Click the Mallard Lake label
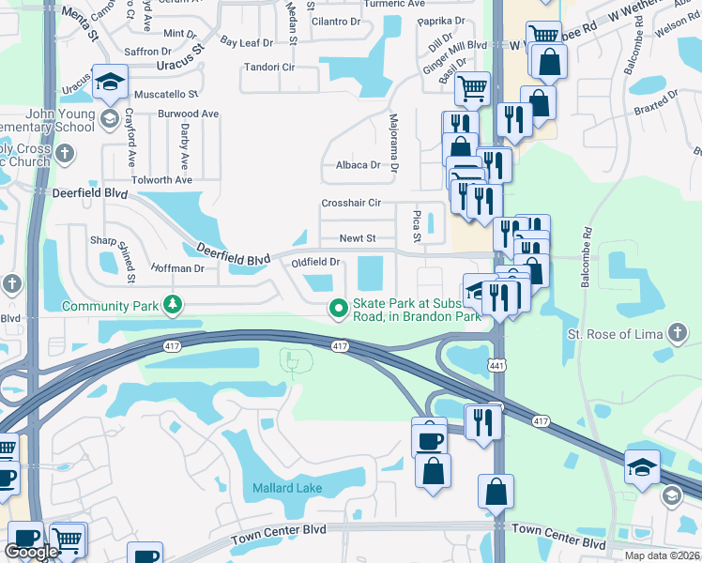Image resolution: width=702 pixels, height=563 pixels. click(287, 488)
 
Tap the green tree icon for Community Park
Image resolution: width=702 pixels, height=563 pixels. click(172, 304)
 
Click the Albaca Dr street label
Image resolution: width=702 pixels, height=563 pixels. click(358, 165)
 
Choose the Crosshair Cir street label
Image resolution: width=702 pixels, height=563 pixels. click(351, 203)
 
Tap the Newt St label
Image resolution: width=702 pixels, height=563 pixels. click(357, 238)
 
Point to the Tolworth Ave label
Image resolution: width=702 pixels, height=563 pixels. click(161, 179)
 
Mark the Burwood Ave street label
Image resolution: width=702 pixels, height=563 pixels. click(188, 114)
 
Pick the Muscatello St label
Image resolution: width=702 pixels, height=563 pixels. click(166, 95)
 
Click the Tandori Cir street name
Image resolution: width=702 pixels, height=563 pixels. click(269, 68)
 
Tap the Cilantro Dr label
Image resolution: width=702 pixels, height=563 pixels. click(335, 21)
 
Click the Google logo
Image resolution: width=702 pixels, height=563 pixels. click(31, 551)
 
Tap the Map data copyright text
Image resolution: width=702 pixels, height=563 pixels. click(661, 555)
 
